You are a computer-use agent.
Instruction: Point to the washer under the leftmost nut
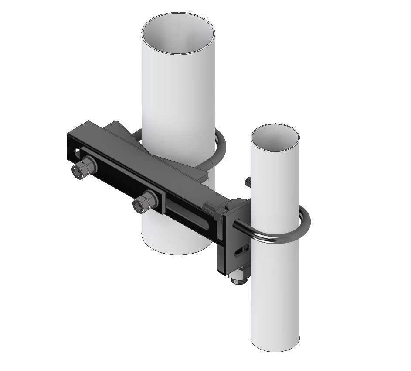point(78,172)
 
